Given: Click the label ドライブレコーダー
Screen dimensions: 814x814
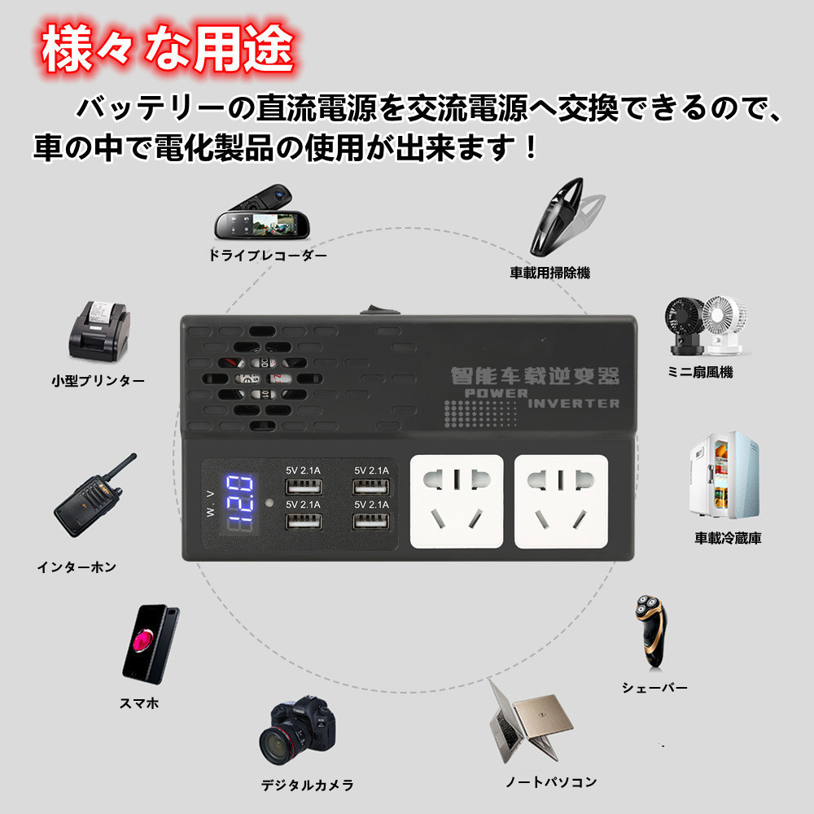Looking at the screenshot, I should (x=267, y=256).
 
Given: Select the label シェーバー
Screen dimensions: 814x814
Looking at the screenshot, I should (x=654, y=688).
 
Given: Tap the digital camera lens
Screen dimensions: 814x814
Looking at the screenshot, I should (x=282, y=742).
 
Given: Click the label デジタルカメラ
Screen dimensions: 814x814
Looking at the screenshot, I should (x=307, y=785).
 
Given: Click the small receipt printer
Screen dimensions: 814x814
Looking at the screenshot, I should (x=97, y=335).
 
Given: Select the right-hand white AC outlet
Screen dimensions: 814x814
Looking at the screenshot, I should (x=561, y=501).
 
